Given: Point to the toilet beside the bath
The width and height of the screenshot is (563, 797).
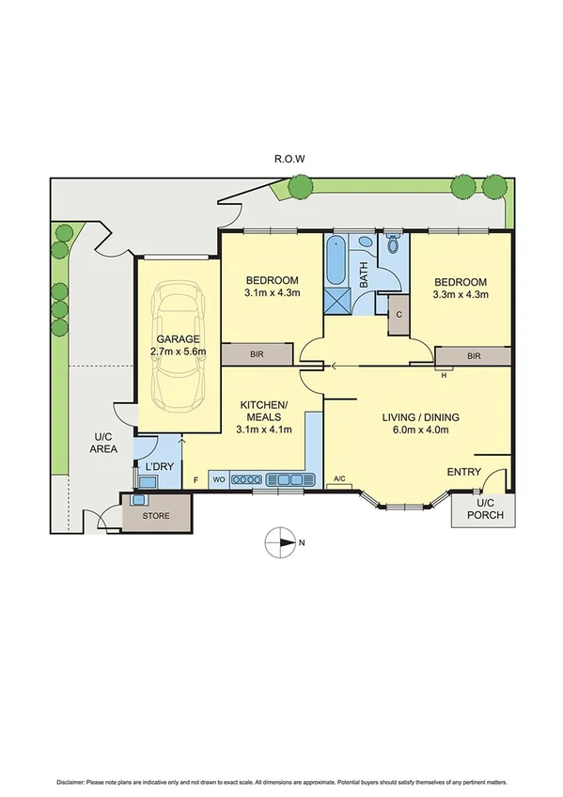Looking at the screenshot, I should pos(394,245).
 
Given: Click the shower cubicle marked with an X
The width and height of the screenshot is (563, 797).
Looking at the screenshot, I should pos(336,301).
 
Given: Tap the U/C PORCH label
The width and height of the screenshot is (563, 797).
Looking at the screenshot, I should pos(484,509).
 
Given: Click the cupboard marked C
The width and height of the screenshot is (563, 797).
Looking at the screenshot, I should pos(399,315).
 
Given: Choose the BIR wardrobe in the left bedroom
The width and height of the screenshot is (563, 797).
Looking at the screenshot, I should pos(257,356).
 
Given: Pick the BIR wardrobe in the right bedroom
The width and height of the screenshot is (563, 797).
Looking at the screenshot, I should pos(474,356).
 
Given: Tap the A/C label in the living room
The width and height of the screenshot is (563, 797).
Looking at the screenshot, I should pos(339,480).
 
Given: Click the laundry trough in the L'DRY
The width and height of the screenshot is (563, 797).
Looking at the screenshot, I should pos(147,482).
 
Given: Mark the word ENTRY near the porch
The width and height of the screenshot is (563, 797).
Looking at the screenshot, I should pos(464,472).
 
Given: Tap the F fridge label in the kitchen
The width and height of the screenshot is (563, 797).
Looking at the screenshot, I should pos(195,480).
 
